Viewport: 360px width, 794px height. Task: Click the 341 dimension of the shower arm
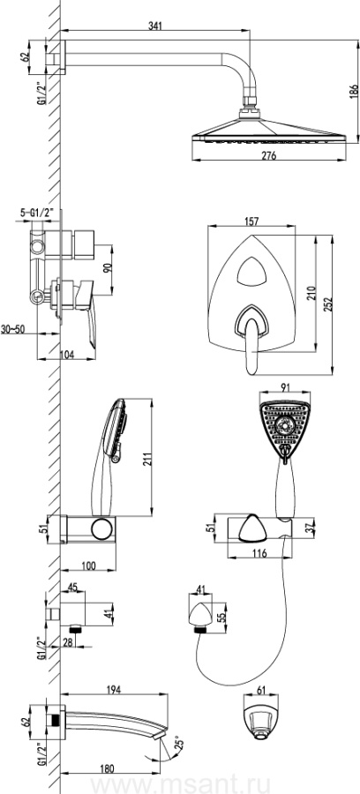[155, 26]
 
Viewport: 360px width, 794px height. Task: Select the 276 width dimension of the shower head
[269, 156]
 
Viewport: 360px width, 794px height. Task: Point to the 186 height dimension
[354, 92]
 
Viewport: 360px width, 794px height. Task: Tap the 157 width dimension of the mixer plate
[251, 221]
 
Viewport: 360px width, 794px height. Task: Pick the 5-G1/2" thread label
[40, 213]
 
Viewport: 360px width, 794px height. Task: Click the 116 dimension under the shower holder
[259, 553]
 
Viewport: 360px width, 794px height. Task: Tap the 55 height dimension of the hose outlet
[221, 618]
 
